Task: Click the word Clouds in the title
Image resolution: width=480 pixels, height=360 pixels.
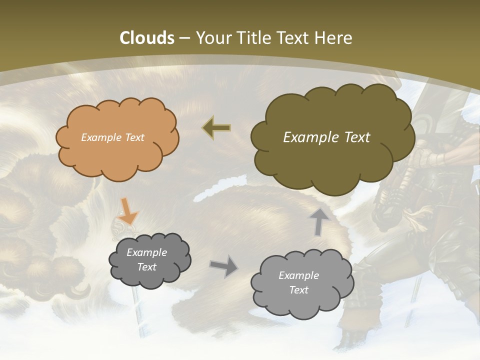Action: [x=147, y=38]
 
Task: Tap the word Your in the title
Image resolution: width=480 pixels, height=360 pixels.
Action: [x=213, y=38]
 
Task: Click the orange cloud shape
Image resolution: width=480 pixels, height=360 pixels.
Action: [x=116, y=155]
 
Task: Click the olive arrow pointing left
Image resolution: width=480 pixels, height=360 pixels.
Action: [x=216, y=128]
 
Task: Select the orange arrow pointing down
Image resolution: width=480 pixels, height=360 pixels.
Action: [x=128, y=212]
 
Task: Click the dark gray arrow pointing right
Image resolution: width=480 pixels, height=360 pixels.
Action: [x=224, y=265]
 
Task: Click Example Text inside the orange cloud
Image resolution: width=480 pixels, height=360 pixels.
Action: [x=112, y=137]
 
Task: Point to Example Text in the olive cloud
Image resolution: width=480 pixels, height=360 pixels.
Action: [x=326, y=137]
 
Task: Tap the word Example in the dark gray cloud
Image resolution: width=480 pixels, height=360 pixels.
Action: [x=146, y=252]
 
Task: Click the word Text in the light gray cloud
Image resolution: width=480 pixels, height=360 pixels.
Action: [x=298, y=290]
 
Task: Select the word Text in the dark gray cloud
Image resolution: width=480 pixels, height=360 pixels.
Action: [x=146, y=267]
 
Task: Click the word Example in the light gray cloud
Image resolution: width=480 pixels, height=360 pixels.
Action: [x=298, y=275]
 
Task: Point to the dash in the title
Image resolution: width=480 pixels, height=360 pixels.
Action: [x=184, y=38]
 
